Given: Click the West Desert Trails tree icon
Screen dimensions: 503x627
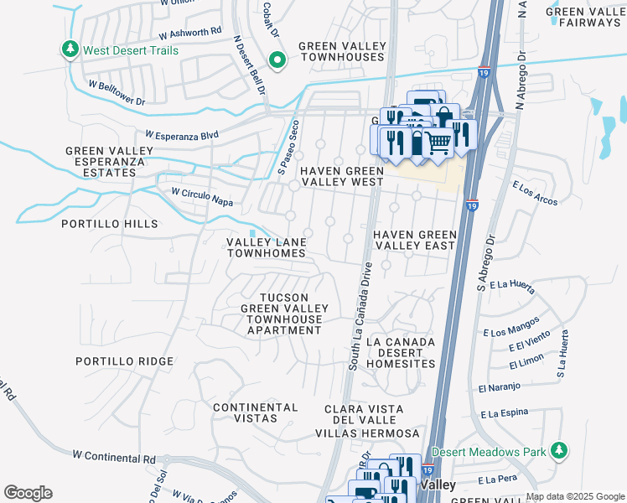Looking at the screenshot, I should point(71,50).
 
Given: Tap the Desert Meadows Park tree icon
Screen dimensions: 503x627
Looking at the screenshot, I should point(559,452).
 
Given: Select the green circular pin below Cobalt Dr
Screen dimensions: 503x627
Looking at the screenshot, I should point(277,60).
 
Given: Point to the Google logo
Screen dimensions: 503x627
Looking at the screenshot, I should point(28,493).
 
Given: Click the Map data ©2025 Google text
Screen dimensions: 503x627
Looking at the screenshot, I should point(574,496).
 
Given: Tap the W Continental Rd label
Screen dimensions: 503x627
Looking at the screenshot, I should point(114,458).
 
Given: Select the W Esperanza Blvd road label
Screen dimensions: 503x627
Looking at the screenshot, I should point(181,134).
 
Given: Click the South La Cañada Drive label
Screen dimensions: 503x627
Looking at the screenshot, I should point(359,315).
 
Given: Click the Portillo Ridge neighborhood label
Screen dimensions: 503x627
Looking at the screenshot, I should point(124,361).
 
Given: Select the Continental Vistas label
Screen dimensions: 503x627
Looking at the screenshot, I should point(256,412).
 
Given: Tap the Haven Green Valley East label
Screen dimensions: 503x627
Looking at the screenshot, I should point(414,240).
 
